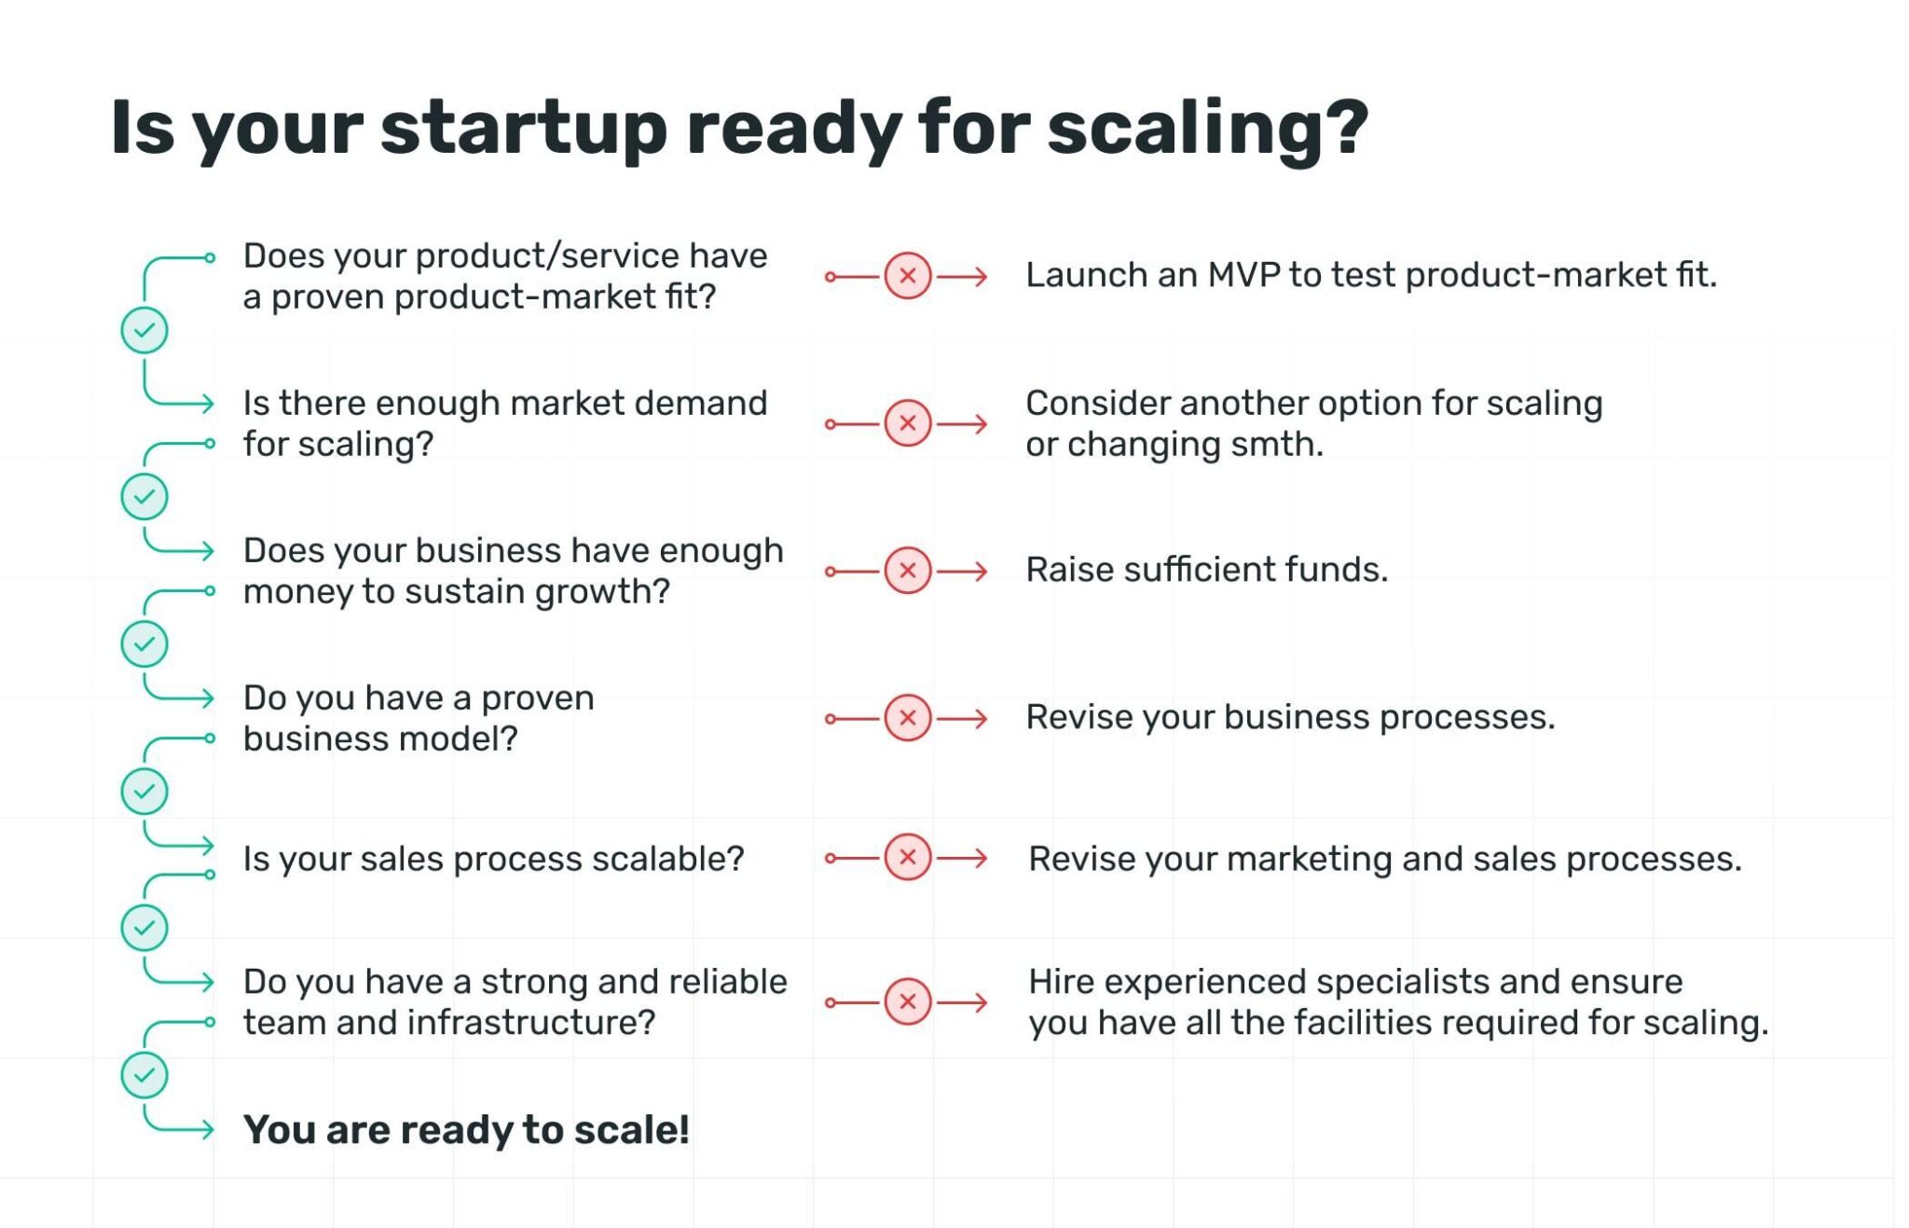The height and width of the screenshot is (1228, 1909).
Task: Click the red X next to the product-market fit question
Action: tap(907, 276)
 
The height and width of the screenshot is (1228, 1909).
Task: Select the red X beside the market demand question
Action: tap(907, 423)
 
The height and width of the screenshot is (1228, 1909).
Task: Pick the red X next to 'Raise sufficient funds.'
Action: tap(907, 571)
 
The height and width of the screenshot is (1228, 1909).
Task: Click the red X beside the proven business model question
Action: tap(907, 718)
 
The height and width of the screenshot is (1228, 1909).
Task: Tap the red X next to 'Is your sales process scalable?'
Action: tap(907, 857)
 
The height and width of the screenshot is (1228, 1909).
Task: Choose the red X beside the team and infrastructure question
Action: tap(907, 1002)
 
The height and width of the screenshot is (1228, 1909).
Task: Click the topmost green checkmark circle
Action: tap(144, 330)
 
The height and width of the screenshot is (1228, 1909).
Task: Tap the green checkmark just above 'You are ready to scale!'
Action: tap(144, 1075)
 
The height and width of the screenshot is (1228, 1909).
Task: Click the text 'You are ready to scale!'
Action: tap(466, 1130)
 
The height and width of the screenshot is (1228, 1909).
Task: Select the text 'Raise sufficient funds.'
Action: tap(1206, 570)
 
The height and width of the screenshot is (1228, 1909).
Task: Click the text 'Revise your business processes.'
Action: tap(1290, 717)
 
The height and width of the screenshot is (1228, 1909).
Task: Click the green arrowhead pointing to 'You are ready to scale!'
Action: tap(209, 1130)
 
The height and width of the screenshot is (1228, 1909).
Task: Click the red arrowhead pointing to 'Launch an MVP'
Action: tap(981, 276)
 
